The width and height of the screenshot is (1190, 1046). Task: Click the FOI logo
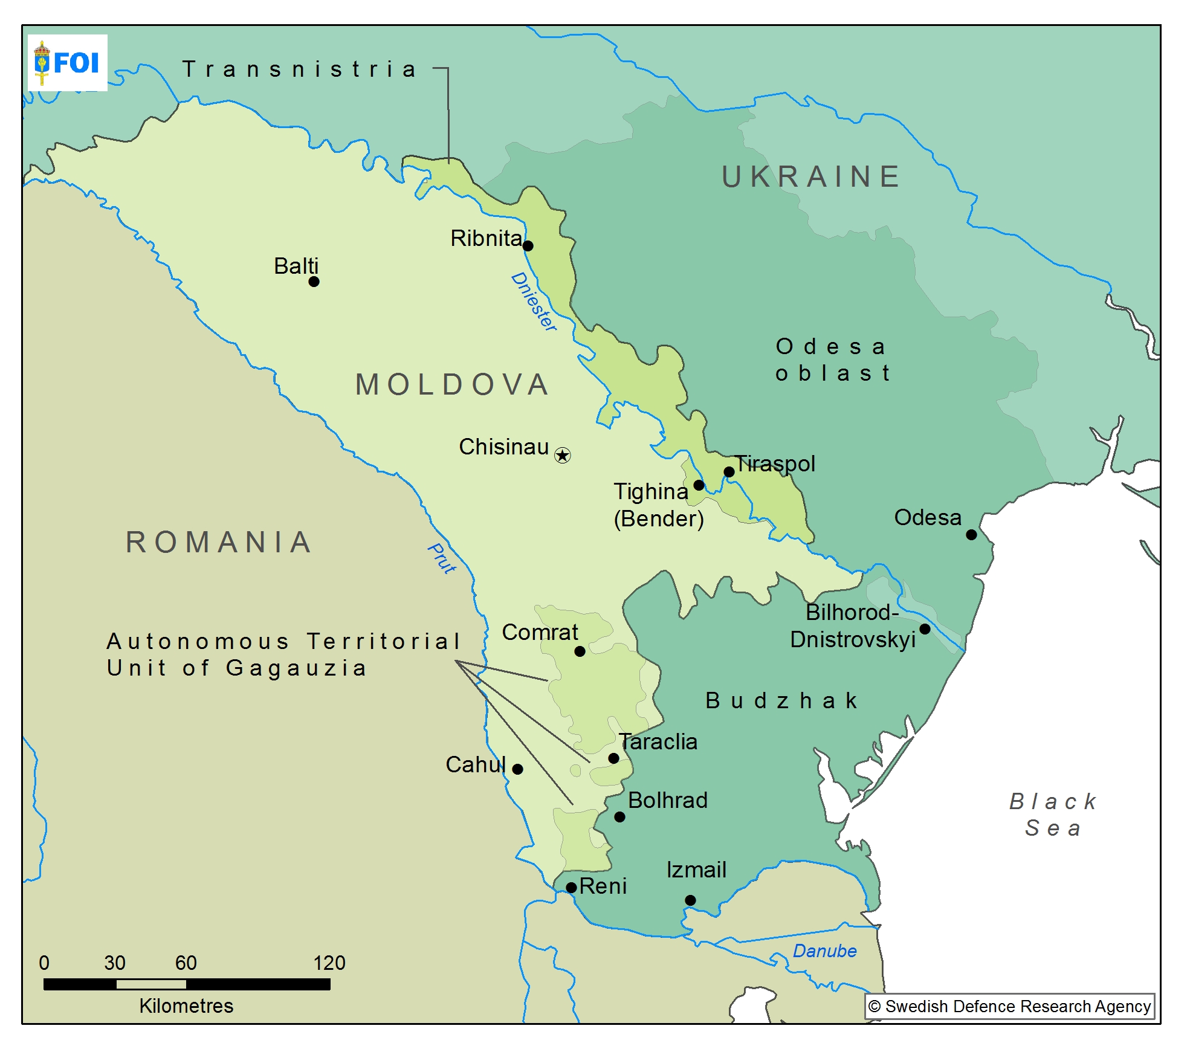pos(67,62)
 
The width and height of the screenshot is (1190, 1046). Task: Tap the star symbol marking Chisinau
pos(562,455)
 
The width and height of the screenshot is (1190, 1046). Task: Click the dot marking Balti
pos(314,282)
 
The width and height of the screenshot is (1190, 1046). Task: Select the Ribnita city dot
pos(528,246)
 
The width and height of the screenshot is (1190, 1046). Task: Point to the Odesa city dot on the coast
pos(971,534)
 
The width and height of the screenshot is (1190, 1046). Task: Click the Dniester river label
pos(534,302)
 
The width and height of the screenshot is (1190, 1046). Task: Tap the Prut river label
pos(442,558)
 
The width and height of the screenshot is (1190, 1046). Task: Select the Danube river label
pos(824,951)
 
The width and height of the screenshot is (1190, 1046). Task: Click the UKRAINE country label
pos(812,177)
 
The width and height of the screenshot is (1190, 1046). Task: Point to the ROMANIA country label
pos(219,542)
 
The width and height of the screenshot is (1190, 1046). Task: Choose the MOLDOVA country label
pos(452,385)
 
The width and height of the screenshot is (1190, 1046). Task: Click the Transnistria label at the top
pos(300,69)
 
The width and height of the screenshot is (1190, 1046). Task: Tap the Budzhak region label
pos(781,701)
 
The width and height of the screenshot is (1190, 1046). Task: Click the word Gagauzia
pos(296,668)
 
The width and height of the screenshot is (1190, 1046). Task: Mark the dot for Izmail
pos(690,900)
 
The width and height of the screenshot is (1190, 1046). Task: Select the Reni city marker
pos(571,888)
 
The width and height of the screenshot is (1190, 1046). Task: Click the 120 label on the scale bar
pos(329,963)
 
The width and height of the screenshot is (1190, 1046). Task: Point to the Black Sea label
pos(1053,815)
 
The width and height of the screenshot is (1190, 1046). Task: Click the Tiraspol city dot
pos(729,472)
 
